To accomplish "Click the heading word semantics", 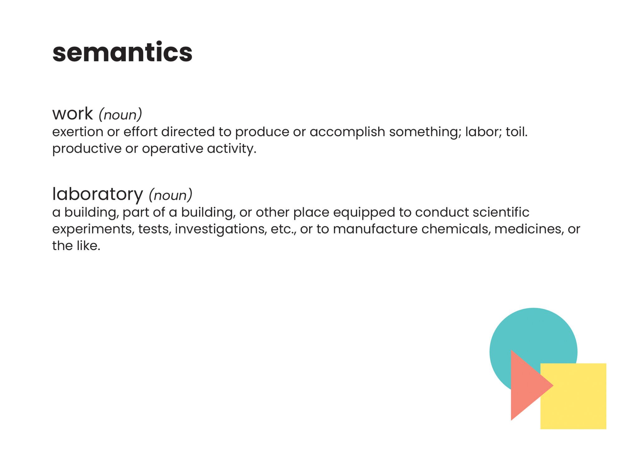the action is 122,52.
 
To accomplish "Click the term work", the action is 72,113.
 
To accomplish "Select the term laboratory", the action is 97,194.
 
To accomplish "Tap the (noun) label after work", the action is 120,115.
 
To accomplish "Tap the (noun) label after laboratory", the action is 170,195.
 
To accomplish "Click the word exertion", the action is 78,132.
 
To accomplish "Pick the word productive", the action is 87,149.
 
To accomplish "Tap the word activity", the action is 232,149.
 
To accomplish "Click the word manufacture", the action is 375,229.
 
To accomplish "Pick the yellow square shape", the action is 573,396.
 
